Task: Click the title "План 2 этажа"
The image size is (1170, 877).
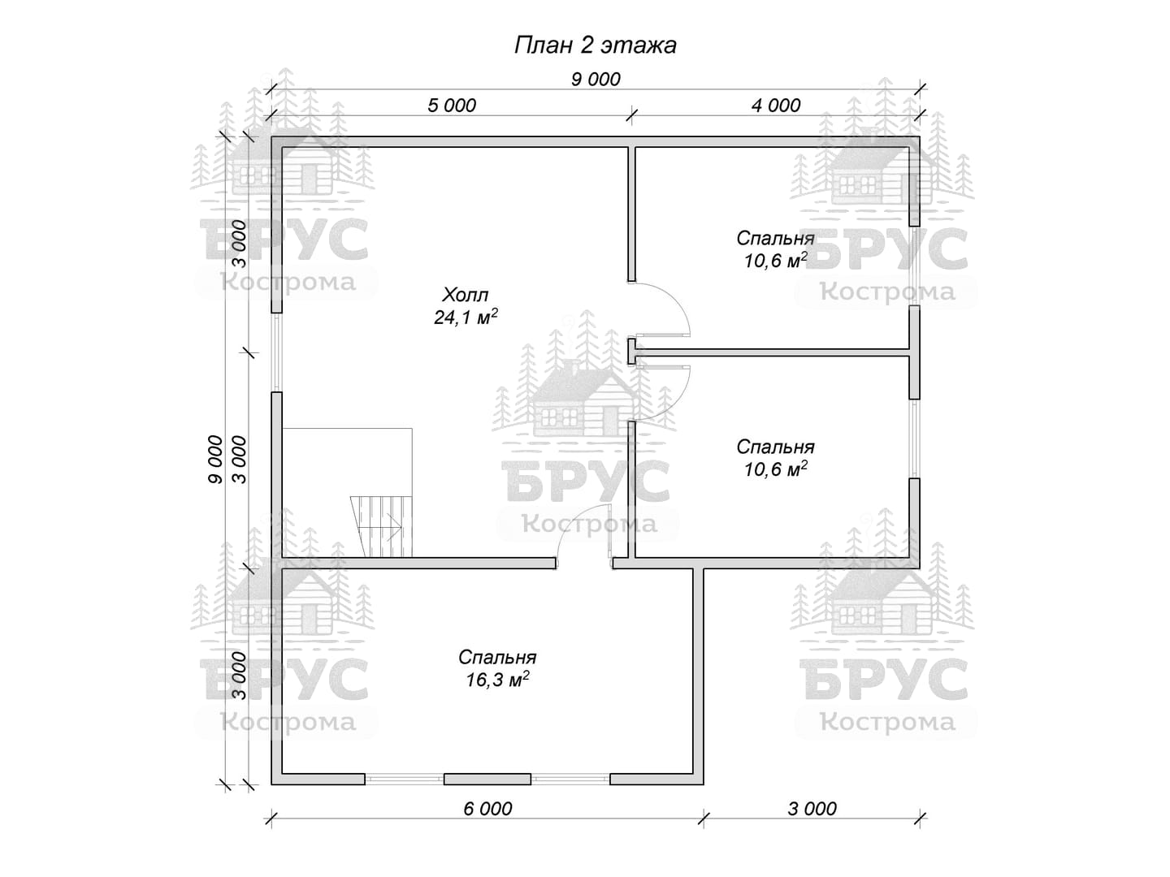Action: (x=595, y=45)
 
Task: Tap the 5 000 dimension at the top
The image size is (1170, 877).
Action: (x=452, y=106)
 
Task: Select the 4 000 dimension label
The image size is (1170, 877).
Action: (x=776, y=106)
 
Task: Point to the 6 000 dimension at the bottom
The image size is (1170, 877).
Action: (x=487, y=809)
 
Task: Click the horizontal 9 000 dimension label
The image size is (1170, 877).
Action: (x=596, y=80)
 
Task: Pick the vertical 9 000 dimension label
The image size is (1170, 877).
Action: (x=215, y=459)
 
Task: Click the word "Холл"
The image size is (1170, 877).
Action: (x=466, y=295)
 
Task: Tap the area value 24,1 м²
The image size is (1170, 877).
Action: (x=466, y=318)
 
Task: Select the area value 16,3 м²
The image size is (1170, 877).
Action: (x=497, y=680)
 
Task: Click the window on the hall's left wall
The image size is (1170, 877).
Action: (x=276, y=352)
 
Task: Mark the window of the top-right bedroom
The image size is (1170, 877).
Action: (x=915, y=266)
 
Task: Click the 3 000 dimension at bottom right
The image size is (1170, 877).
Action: (x=812, y=809)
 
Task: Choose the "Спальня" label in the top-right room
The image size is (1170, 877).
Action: (x=776, y=238)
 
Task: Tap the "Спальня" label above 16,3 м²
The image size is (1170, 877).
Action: (x=497, y=657)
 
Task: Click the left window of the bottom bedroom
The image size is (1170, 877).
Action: (x=405, y=779)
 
